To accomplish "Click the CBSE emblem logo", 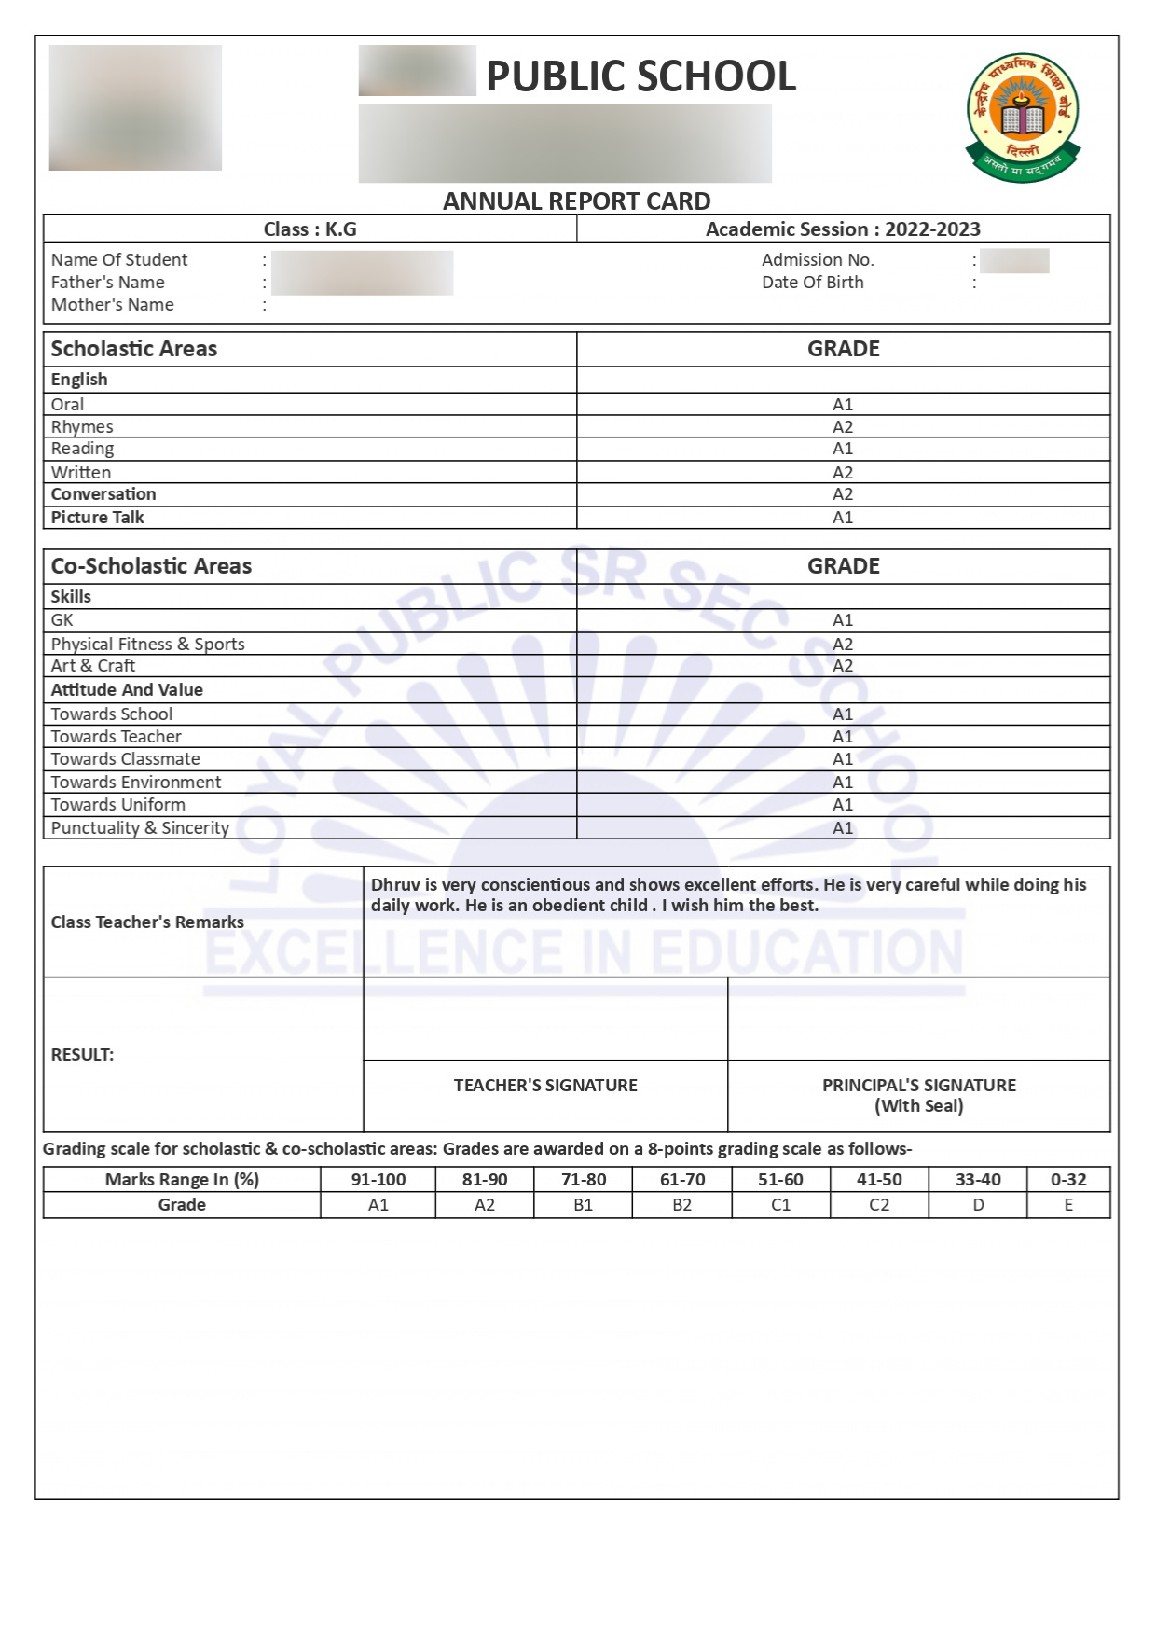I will [1023, 117].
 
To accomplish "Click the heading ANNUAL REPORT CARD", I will [576, 201].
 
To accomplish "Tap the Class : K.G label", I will [310, 229].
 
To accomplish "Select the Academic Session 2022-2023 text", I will [843, 229].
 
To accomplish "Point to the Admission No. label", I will [818, 260].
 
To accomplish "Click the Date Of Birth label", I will [812, 283].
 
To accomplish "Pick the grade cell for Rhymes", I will [843, 427].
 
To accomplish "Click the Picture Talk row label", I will [98, 518].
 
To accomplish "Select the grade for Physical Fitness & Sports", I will [843, 645].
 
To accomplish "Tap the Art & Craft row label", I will [93, 666].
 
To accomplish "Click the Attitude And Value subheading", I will [127, 690].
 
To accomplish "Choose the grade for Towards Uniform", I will [843, 805].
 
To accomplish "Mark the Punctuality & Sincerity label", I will [140, 828].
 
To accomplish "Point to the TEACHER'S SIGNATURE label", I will [545, 1086].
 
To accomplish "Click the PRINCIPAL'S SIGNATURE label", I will [918, 1086].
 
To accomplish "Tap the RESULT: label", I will [82, 1055].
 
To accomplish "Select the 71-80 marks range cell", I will [584, 1180].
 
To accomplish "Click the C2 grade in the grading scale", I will [879, 1205].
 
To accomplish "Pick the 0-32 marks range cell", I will [1068, 1180].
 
